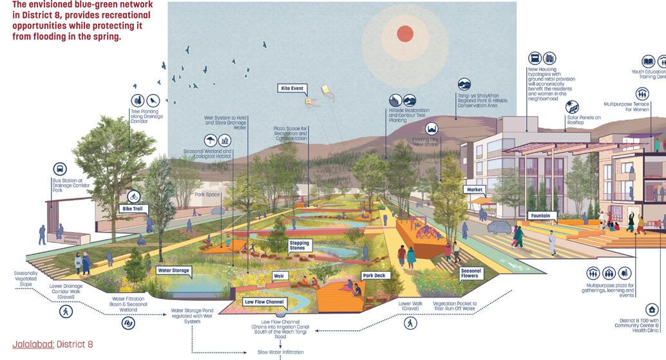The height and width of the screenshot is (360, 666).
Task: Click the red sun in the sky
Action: pyautogui.click(x=404, y=33)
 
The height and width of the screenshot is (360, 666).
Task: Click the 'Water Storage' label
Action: pyautogui.click(x=173, y=270)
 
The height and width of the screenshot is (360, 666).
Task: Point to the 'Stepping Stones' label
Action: pyautogui.click(x=300, y=245)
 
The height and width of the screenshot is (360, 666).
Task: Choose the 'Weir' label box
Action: pyautogui.click(x=279, y=276)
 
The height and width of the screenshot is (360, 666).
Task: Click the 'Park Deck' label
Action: pyautogui.click(x=373, y=276)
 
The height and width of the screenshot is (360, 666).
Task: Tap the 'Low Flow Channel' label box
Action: pyautogui.click(x=265, y=301)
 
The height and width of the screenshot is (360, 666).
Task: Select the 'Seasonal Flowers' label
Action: pyautogui.click(x=470, y=274)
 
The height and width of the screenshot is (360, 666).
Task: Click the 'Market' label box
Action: pyautogui.click(x=475, y=190)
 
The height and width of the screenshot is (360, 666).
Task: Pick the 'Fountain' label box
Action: pyautogui.click(x=540, y=216)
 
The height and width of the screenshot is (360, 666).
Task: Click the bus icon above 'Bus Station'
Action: pyautogui.click(x=60, y=168)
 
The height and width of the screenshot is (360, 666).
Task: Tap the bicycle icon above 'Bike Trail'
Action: pyautogui.click(x=134, y=196)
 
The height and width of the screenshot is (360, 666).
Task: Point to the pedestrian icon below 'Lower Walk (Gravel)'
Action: pyautogui.click(x=410, y=323)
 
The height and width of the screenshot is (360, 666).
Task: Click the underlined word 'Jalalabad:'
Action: pyautogui.click(x=33, y=344)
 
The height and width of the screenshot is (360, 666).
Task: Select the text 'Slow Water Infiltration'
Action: pyautogui.click(x=280, y=352)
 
